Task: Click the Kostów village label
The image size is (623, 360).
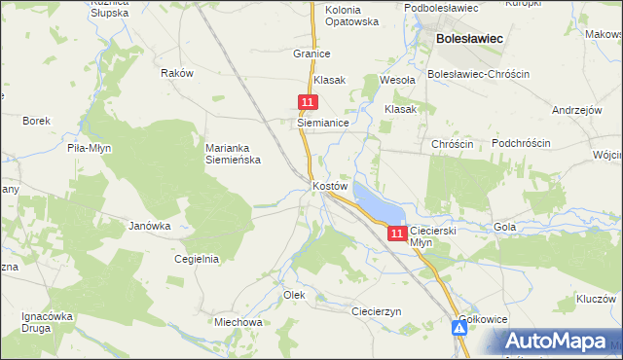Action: (x=330, y=185)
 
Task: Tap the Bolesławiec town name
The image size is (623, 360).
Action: (x=469, y=39)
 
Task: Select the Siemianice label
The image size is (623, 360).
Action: (x=323, y=124)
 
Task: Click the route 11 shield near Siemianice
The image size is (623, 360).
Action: (x=308, y=102)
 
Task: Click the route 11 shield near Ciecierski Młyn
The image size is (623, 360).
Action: (x=396, y=234)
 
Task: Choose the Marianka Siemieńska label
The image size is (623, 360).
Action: (x=233, y=154)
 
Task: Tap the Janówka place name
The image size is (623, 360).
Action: (x=150, y=226)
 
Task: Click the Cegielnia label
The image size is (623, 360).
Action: (x=196, y=259)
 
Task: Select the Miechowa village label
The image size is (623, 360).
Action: (x=238, y=322)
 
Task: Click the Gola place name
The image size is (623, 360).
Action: (x=504, y=227)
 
